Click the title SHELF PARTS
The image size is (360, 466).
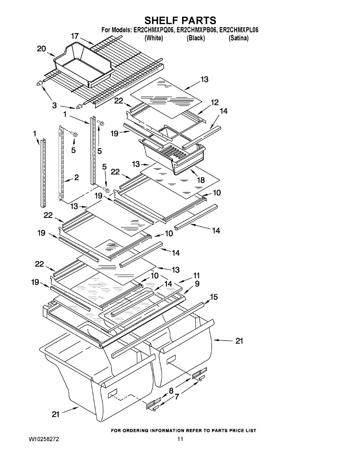click(x=180, y=20)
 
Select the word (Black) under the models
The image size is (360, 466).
click(x=196, y=38)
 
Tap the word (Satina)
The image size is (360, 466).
click(x=238, y=38)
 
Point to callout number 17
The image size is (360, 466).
click(x=75, y=36)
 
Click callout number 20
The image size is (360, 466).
click(x=42, y=49)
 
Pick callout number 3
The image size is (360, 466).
click(x=54, y=105)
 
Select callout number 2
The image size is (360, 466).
click(x=77, y=177)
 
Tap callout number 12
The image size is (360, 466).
click(x=215, y=103)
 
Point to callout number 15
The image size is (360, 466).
click(x=214, y=297)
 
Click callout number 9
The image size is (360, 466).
click(x=197, y=284)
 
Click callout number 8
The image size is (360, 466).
click(x=171, y=390)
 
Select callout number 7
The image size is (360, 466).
click(x=177, y=397)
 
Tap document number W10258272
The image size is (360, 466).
click(x=44, y=439)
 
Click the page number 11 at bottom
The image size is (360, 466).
click(x=180, y=439)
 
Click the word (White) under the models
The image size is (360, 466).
click(x=153, y=38)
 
